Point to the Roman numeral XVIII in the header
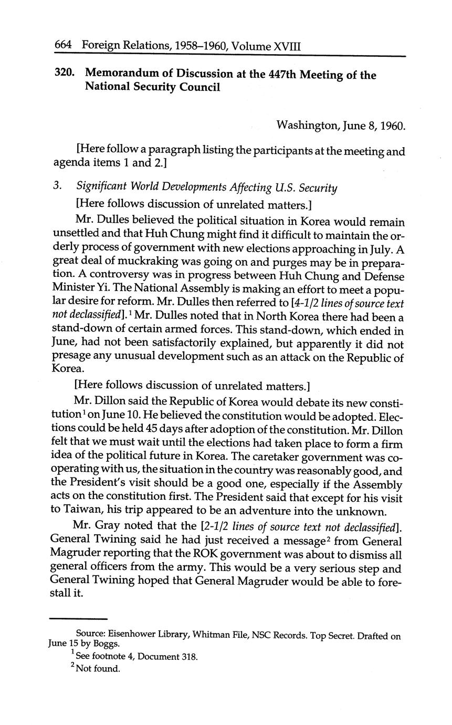pyautogui.click(x=287, y=46)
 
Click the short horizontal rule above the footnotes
pyautogui.click(x=78, y=618)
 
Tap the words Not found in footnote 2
pyautogui.click(x=98, y=669)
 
